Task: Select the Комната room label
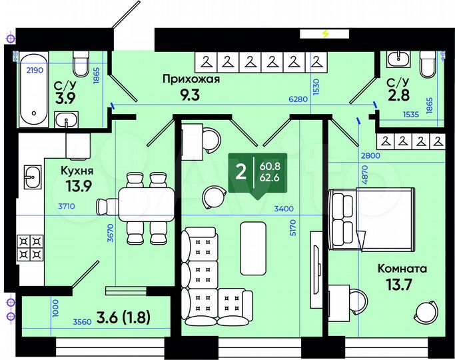[x=402, y=269]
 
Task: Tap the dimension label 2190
[x=35, y=69]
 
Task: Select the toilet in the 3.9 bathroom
[x=81, y=65]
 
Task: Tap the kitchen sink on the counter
[x=30, y=177]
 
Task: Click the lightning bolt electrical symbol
[x=325, y=33]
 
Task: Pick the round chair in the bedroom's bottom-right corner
[x=424, y=311]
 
